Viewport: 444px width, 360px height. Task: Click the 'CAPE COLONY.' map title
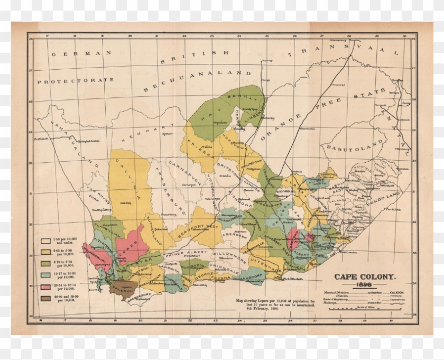(364, 276)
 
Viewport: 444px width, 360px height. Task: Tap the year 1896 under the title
(364, 284)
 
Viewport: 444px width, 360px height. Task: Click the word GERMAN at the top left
(82, 53)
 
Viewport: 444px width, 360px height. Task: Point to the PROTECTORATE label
(76, 80)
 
